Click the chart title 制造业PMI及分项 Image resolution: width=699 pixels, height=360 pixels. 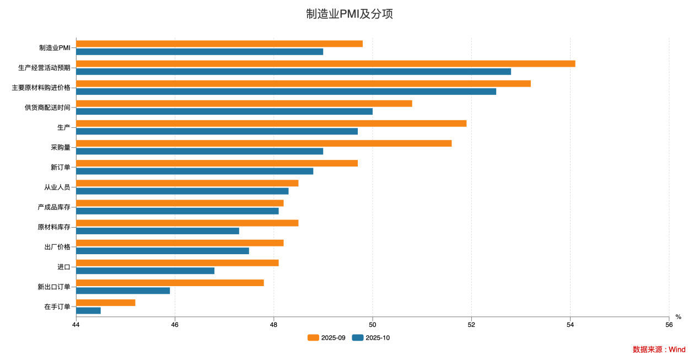click(349, 14)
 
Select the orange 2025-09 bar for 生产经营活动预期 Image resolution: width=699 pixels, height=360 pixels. click(325, 63)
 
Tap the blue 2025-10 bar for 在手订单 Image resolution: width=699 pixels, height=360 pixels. click(88, 310)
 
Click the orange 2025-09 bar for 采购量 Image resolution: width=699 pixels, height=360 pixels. click(264, 143)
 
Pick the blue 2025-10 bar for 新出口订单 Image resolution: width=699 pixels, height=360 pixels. click(123, 291)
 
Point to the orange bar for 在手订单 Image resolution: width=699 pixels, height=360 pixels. click(105, 303)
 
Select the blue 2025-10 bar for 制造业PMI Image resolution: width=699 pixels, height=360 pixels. click(200, 52)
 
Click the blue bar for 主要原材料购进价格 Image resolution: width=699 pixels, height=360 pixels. click(286, 92)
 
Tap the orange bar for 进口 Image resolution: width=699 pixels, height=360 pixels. click(177, 263)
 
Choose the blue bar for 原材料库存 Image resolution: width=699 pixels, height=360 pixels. click(157, 231)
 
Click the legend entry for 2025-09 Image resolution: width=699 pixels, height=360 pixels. click(327, 338)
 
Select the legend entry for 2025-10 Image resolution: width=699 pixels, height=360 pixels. click(371, 338)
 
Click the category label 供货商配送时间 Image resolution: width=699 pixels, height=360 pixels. click(47, 108)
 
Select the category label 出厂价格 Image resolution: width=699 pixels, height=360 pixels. click(57, 247)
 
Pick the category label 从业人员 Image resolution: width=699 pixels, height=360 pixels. click(57, 187)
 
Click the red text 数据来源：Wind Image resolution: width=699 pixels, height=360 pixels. click(659, 350)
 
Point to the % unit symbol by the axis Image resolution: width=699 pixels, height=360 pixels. click(679, 317)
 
